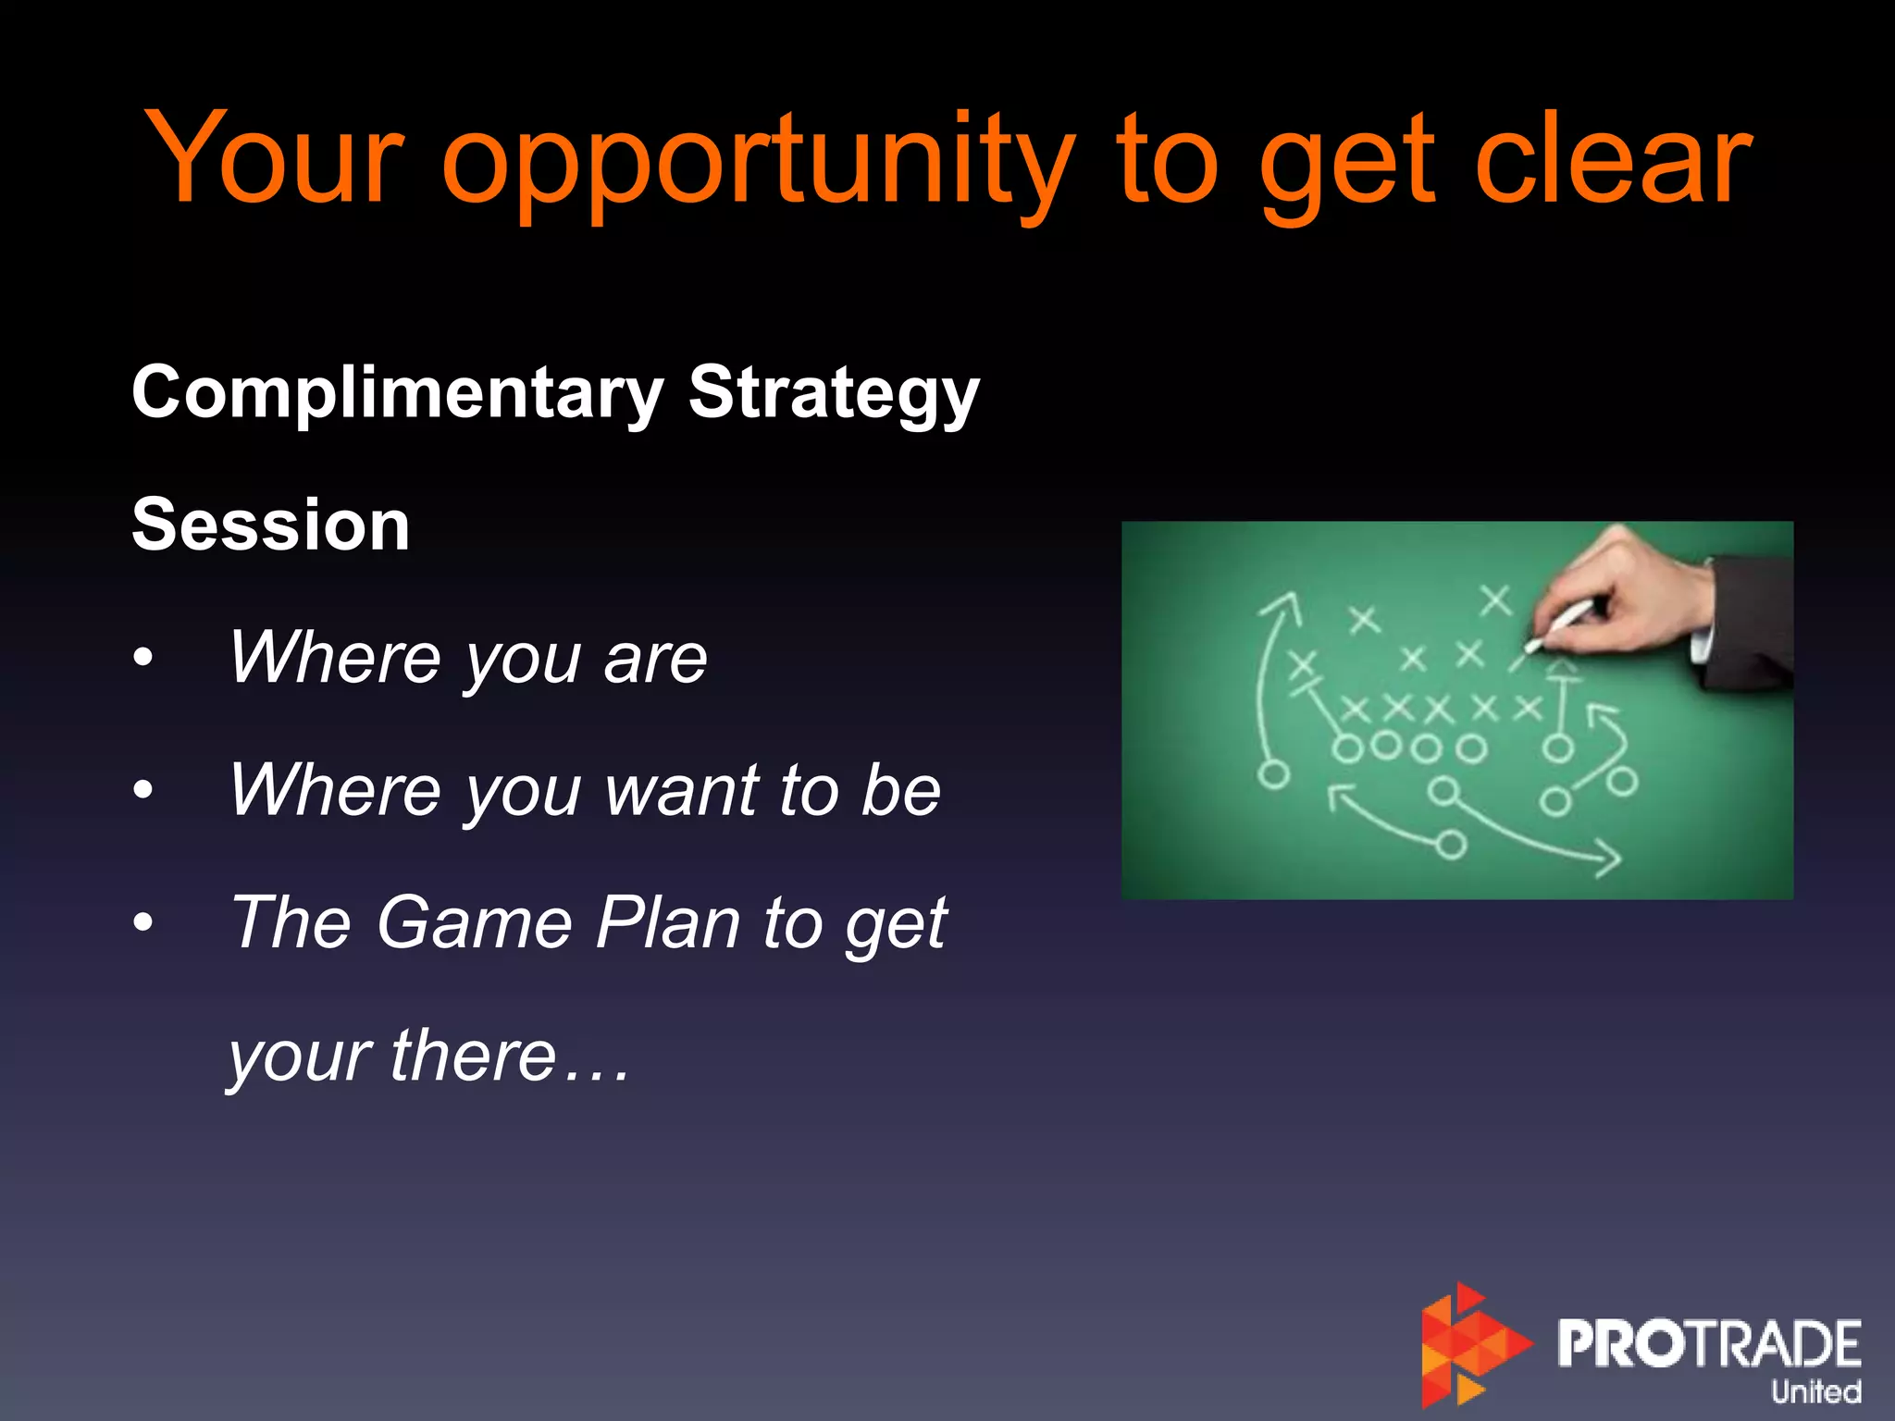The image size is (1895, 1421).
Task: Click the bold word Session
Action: pyautogui.click(x=270, y=525)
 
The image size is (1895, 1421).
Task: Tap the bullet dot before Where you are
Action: pyautogui.click(x=142, y=659)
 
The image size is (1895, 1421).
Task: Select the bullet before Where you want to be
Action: pyautogui.click(x=142, y=791)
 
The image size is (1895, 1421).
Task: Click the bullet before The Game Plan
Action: pyautogui.click(x=142, y=923)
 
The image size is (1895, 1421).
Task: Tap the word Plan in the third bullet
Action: pyautogui.click(x=668, y=923)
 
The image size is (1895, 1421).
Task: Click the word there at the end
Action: pyautogui.click(x=472, y=1055)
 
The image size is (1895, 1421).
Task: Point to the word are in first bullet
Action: pyautogui.click(x=655, y=659)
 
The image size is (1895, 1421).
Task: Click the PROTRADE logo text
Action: pyautogui.click(x=1708, y=1343)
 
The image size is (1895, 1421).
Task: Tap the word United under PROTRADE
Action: pyautogui.click(x=1815, y=1391)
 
